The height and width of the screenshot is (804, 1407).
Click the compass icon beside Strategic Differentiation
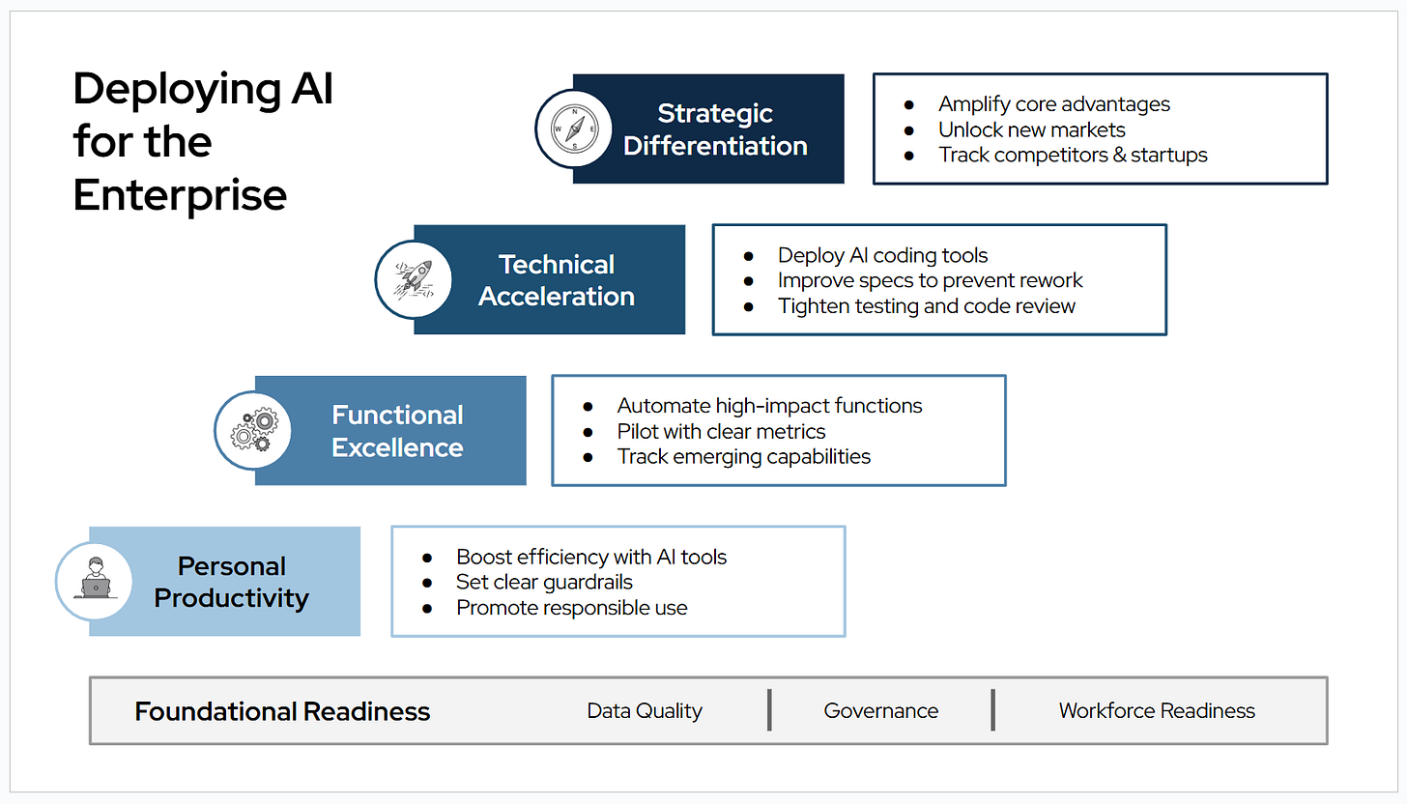tap(574, 129)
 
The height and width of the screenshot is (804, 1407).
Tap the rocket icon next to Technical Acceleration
tap(414, 279)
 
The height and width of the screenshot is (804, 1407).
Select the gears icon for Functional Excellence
tap(254, 430)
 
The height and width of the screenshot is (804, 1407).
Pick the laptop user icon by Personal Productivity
tap(95, 581)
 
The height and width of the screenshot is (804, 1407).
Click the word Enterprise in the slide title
tap(180, 195)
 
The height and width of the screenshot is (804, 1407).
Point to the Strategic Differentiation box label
tap(715, 129)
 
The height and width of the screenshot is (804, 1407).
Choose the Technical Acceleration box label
tap(557, 279)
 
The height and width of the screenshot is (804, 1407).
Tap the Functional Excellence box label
tap(397, 431)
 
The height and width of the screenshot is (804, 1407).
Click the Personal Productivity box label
tap(232, 582)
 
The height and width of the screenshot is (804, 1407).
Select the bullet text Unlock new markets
tap(1031, 129)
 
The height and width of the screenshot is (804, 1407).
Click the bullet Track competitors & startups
tap(1073, 155)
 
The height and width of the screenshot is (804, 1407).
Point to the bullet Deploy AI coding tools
tap(882, 255)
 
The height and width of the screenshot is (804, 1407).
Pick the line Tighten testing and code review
tap(926, 305)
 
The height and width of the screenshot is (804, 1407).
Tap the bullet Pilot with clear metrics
tap(721, 431)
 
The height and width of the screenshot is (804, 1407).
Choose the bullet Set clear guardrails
tap(544, 582)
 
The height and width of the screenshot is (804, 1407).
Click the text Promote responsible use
tap(571, 608)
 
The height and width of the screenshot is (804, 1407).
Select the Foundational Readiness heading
tap(282, 711)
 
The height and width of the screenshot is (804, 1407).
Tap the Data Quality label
tap(645, 711)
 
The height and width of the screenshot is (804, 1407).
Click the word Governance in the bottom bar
tap(880, 711)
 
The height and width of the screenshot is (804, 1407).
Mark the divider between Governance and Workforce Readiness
tap(992, 710)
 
